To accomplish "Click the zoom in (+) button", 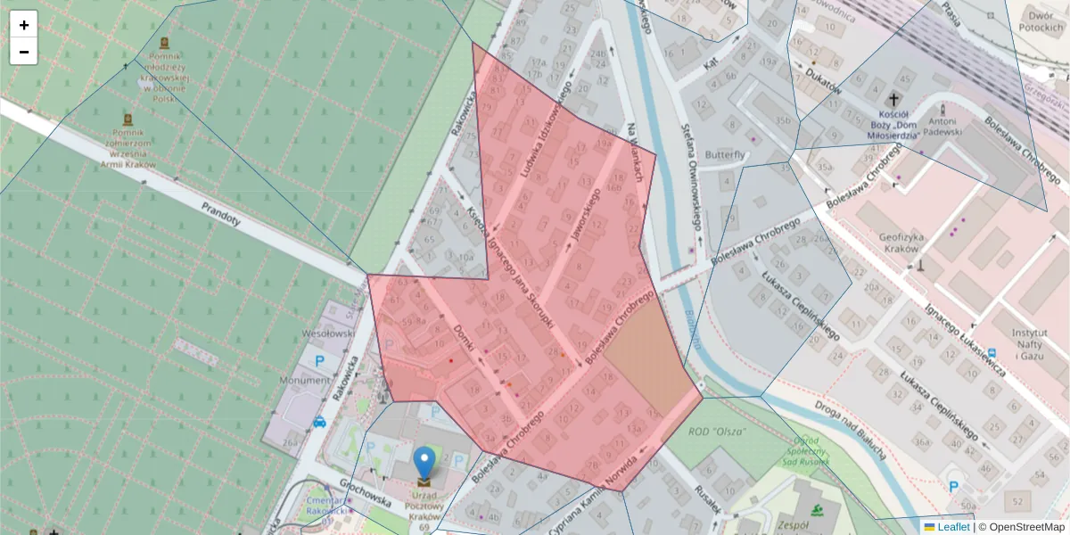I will tap(24, 25).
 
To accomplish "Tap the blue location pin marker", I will tap(424, 463).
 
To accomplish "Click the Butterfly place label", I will tap(725, 154).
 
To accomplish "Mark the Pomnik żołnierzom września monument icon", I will tap(128, 119).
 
